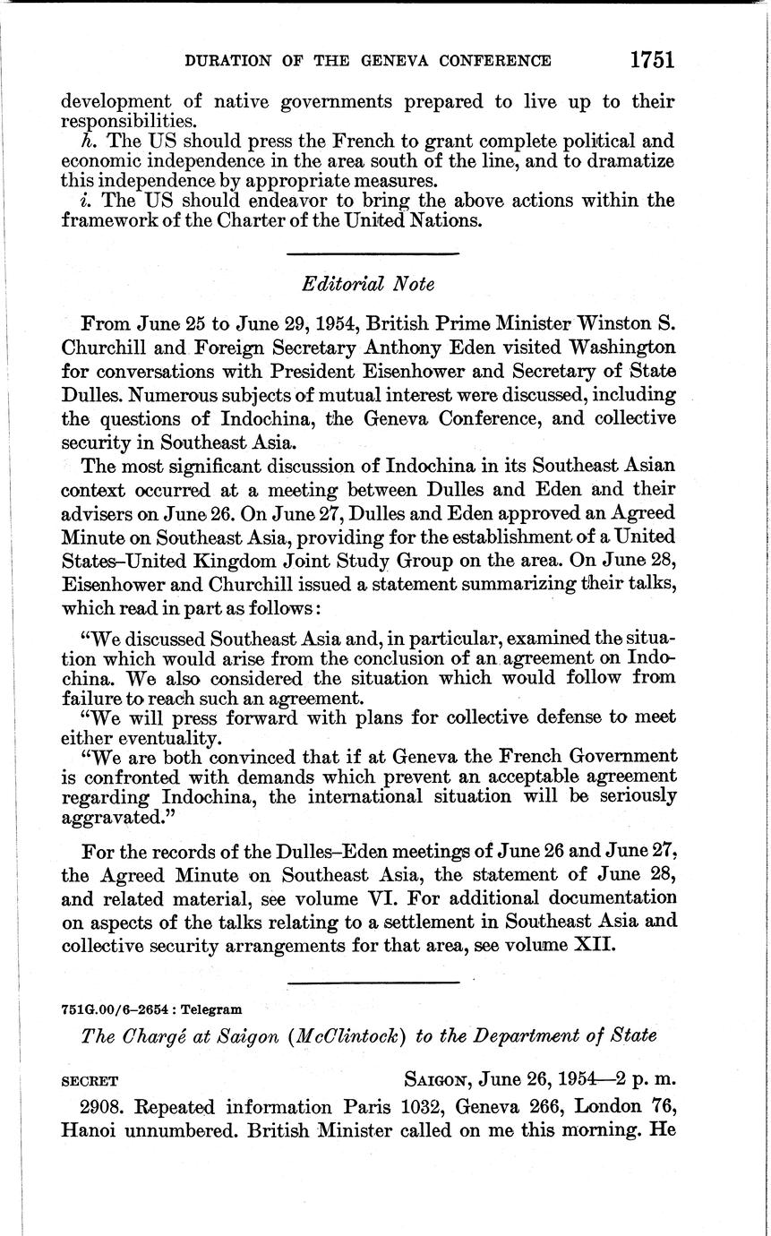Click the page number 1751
click(650, 60)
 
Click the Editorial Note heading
click(368, 284)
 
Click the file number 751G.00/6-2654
click(118, 1009)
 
